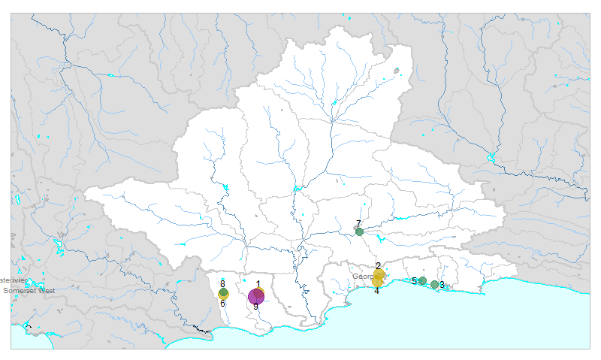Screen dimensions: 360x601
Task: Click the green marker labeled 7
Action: click(359, 231)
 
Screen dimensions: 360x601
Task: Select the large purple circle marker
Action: click(255, 296)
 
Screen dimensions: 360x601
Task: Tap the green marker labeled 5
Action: click(422, 281)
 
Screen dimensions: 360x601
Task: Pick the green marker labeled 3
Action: click(434, 284)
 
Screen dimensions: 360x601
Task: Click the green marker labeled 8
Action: click(223, 292)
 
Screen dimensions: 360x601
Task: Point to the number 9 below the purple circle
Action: click(255, 307)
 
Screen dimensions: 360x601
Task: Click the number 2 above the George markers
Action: click(378, 266)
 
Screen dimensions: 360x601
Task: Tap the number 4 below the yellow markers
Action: click(376, 290)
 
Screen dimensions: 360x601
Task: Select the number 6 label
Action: click(222, 304)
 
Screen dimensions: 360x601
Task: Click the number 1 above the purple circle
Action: click(258, 284)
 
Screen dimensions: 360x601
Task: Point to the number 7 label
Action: click(358, 223)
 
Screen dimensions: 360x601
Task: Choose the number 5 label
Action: click(414, 281)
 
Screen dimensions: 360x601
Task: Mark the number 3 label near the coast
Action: click(442, 285)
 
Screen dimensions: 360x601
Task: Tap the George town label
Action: click(362, 277)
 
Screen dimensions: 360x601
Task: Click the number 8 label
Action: click(222, 283)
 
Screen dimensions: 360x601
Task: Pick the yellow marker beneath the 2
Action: click(379, 274)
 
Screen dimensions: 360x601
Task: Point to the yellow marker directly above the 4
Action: click(377, 283)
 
